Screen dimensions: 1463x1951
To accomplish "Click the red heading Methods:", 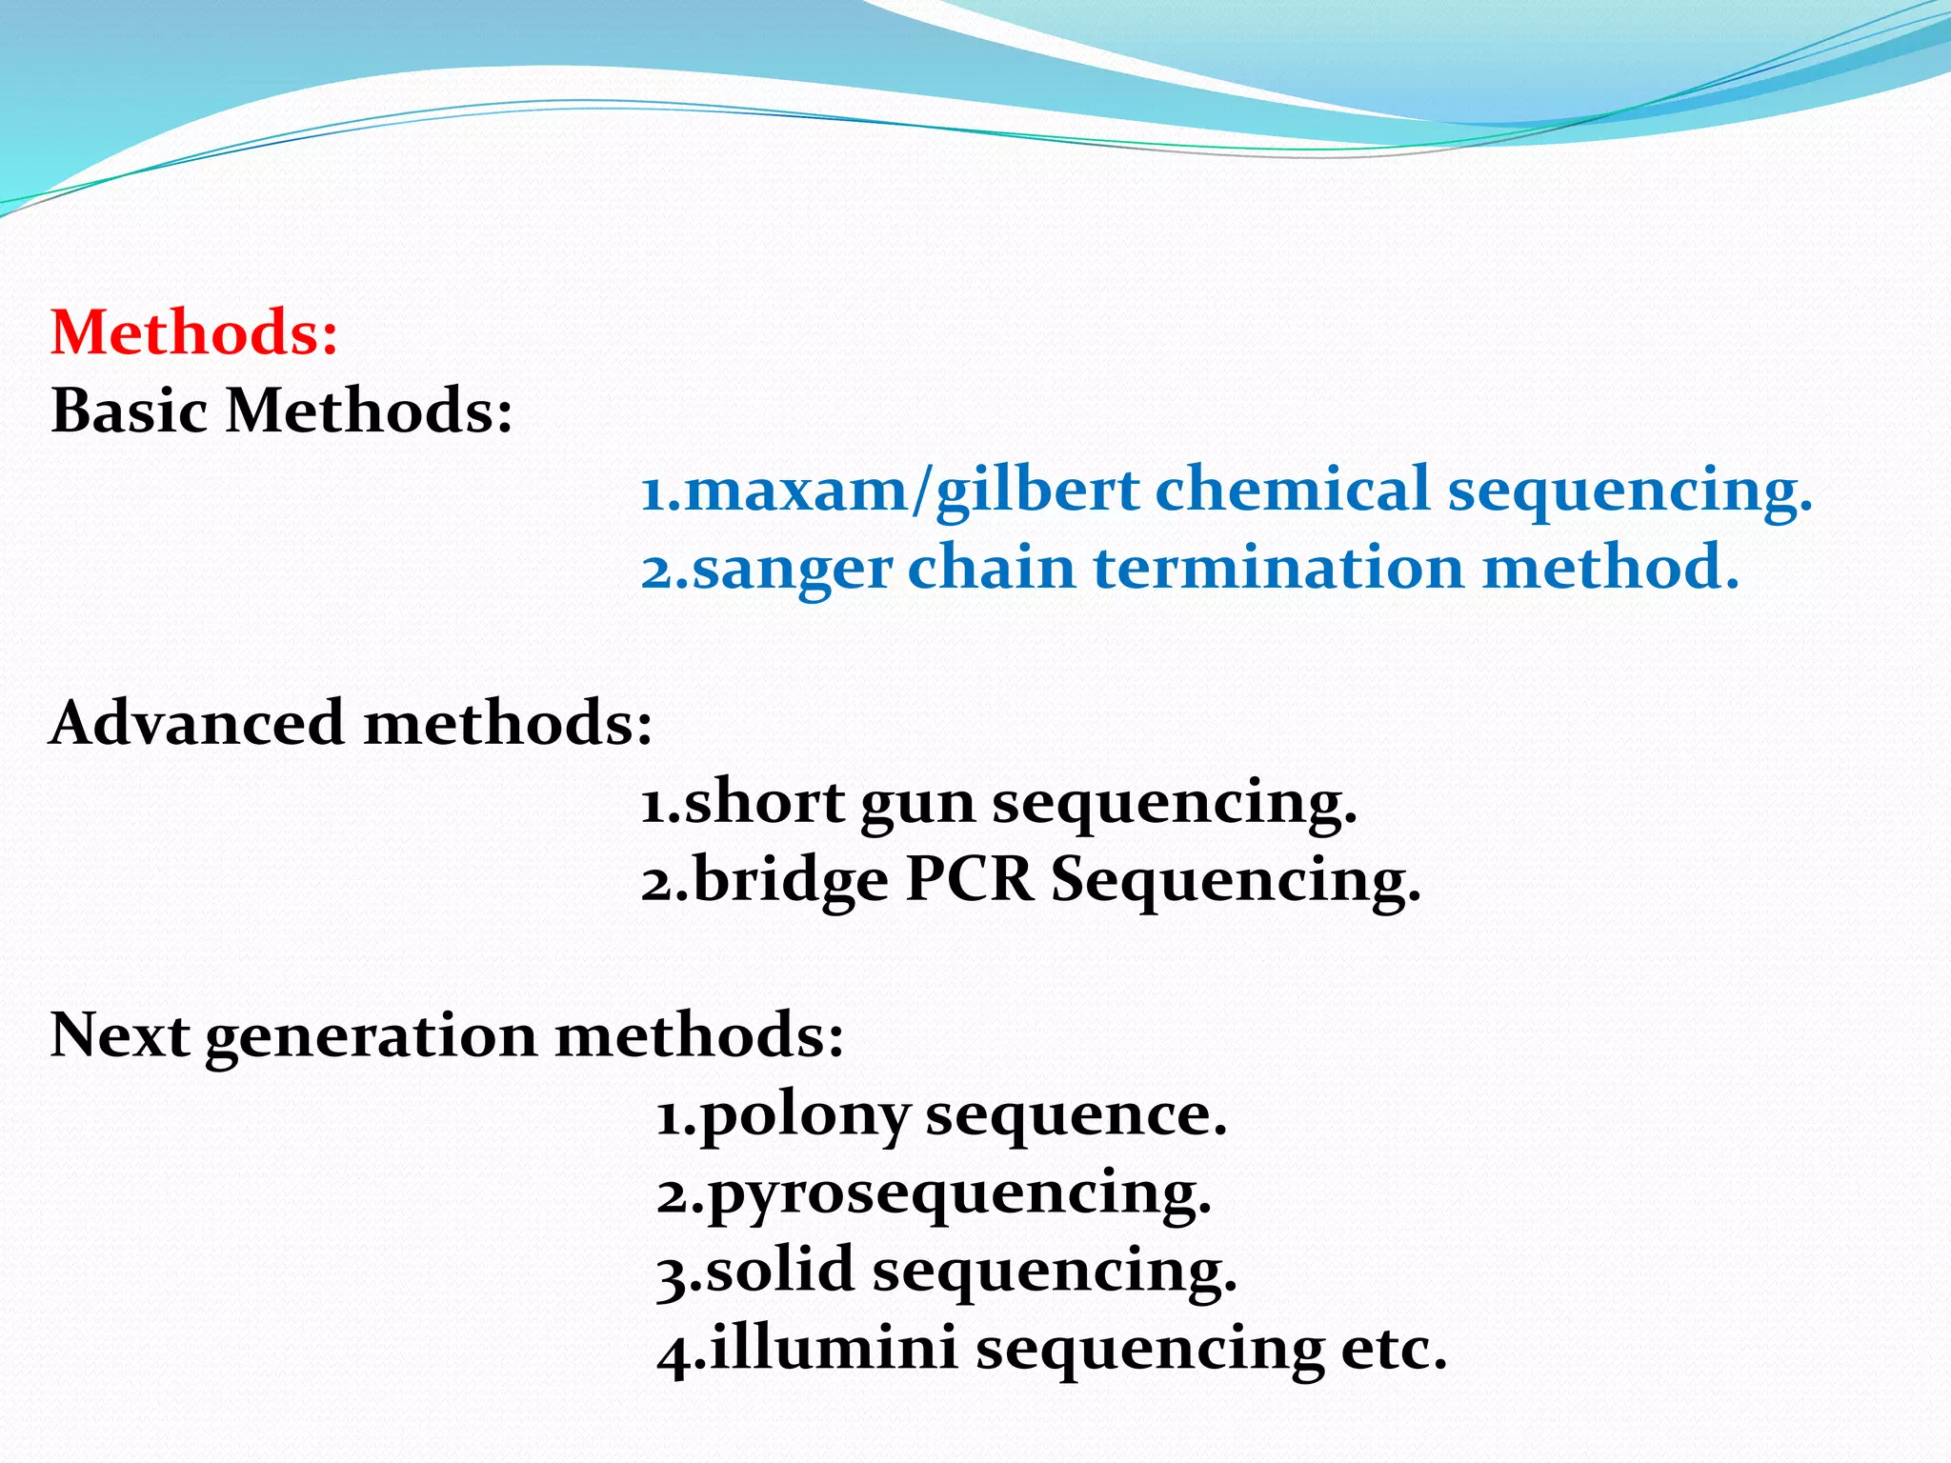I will click(194, 332).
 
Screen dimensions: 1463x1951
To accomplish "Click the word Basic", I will click(130, 411).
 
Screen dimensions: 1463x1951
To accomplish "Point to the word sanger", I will click(792, 570).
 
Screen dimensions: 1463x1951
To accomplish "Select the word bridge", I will click(791, 880).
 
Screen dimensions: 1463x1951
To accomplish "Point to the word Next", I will click(119, 1034).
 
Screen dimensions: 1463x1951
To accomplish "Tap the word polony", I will click(805, 1116).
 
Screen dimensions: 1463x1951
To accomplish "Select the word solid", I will click(780, 1271).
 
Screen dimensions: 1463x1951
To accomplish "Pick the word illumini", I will click(835, 1349).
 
